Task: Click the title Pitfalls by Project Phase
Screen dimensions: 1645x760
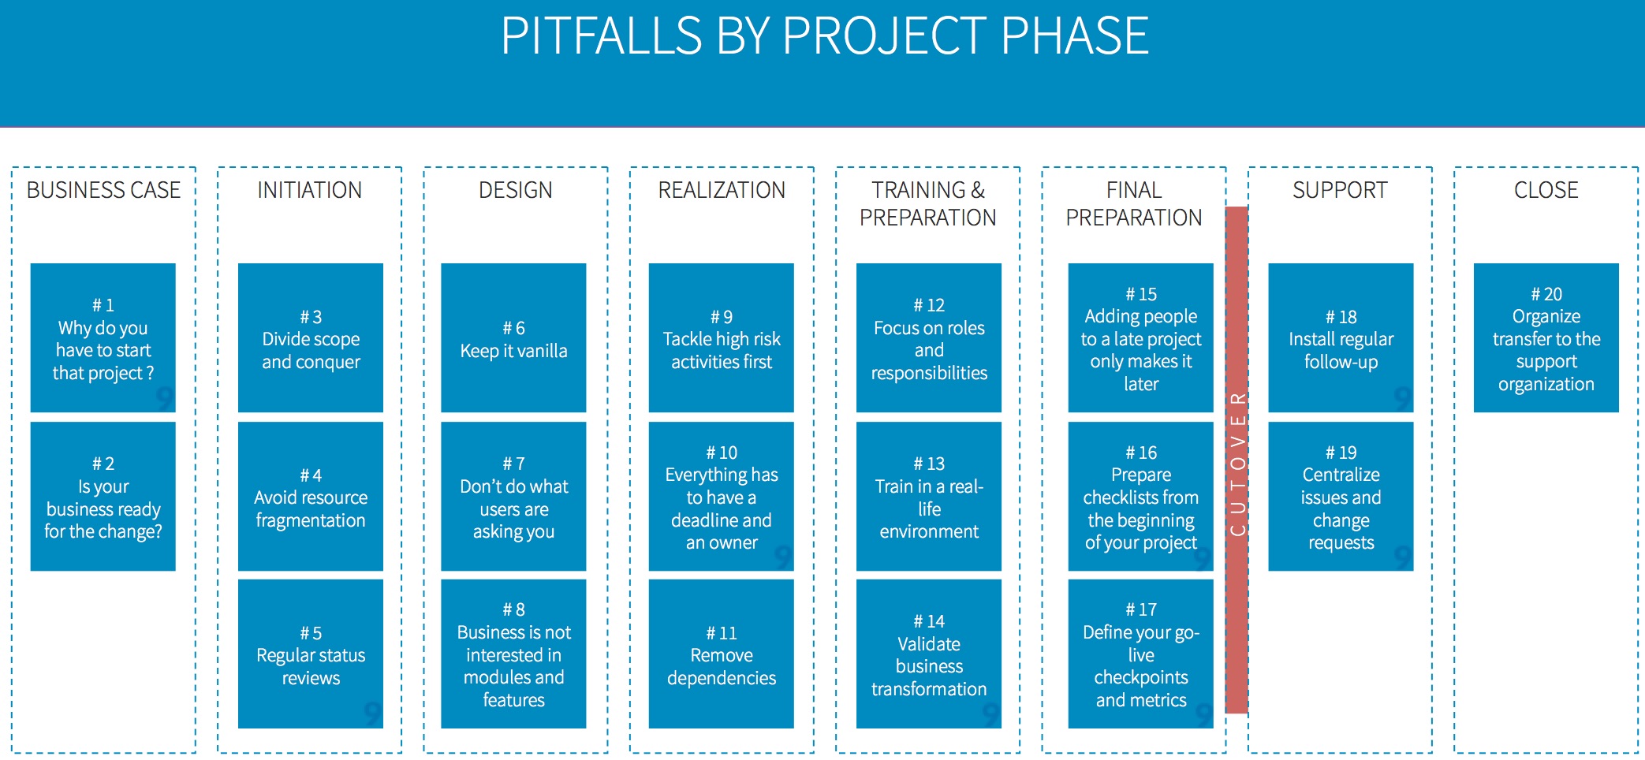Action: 824,36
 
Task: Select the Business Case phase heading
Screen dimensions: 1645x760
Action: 103,190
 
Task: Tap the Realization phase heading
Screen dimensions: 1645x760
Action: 722,190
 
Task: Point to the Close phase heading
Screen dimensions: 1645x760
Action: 1546,190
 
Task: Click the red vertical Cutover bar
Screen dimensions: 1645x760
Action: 1237,460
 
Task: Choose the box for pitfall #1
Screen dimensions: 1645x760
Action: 103,337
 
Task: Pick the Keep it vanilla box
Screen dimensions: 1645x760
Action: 513,337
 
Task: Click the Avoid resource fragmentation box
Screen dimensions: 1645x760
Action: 311,496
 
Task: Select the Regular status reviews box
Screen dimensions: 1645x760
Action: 311,654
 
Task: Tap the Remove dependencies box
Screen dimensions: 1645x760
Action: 722,654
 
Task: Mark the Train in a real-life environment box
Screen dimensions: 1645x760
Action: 929,496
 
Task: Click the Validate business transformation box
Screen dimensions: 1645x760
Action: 929,654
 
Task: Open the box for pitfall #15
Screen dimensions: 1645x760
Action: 1141,337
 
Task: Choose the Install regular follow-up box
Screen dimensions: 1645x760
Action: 1341,337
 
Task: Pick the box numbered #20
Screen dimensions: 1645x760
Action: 1546,337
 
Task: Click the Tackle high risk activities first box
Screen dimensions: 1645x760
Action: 722,337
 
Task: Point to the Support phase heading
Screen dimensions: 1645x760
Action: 1340,190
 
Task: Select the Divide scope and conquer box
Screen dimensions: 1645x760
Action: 311,337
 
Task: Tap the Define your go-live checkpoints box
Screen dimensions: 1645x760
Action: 1141,654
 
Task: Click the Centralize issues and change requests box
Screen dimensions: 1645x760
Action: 1341,496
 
